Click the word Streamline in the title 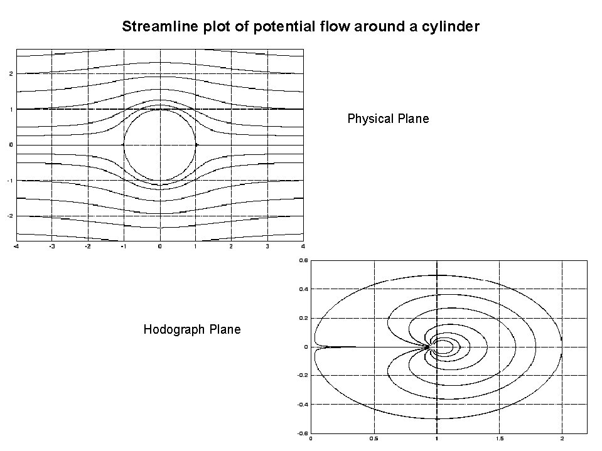click(151, 27)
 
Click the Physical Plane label click(388, 119)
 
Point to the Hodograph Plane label click(192, 329)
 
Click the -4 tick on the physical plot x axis click(16, 247)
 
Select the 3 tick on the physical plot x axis click(267, 247)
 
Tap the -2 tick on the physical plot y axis click(11, 216)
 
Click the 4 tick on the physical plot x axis click(303, 247)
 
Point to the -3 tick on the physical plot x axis click(52, 247)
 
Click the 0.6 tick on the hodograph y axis click(303, 260)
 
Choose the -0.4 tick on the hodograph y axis click(302, 405)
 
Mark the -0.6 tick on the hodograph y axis click(302, 433)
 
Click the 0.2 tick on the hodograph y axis click(303, 318)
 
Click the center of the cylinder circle click(160, 145)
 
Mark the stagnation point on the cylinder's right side click(196, 145)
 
